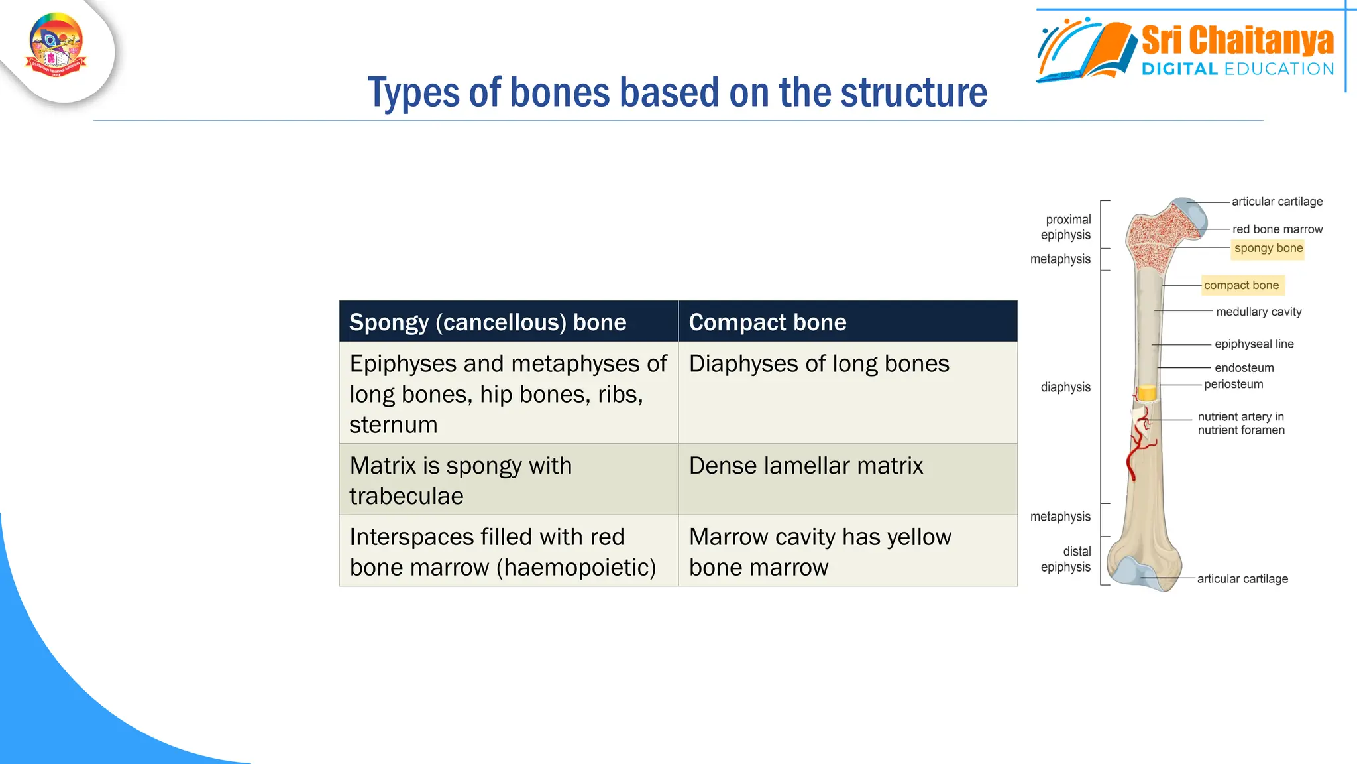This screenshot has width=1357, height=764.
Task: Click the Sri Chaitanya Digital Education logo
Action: [1186, 50]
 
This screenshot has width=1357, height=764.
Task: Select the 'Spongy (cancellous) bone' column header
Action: [488, 322]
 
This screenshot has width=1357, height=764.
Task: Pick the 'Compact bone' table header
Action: [767, 322]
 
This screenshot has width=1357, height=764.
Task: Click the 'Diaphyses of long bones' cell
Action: [819, 364]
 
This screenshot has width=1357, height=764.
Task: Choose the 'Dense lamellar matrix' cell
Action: [806, 466]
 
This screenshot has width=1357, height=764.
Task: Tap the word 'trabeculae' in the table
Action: [406, 496]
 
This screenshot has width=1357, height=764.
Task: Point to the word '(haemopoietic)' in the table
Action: [575, 568]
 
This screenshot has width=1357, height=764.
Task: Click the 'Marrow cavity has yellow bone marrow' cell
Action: [820, 552]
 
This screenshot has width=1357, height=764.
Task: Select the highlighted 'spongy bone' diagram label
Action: [1268, 248]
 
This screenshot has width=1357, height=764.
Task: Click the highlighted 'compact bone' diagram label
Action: [1241, 285]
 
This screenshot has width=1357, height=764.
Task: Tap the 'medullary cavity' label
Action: [1258, 312]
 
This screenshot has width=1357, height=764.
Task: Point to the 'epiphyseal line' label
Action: [1254, 344]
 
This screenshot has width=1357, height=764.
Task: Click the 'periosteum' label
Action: [1233, 384]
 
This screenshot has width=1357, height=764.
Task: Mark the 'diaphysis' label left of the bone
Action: [1065, 387]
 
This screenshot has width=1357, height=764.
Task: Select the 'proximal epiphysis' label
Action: [1066, 227]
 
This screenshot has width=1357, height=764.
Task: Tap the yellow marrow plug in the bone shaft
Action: [1147, 393]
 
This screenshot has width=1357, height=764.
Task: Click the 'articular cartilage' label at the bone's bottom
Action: [1242, 578]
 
